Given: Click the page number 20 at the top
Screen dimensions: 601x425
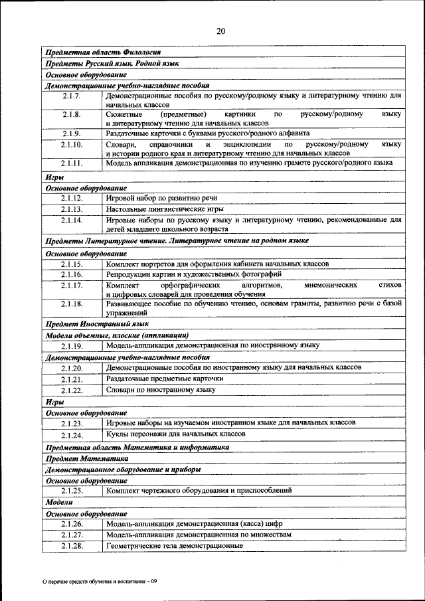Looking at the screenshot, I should (x=220, y=31).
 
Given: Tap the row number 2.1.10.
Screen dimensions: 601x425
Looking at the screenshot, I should (x=72, y=144).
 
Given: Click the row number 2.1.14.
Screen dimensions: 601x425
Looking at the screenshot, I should (x=72, y=219).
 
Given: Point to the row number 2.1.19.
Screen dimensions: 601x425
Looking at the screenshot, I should (x=72, y=346).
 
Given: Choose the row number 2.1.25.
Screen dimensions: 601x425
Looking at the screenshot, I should (x=72, y=491).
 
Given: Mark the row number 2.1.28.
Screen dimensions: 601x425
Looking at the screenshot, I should (x=72, y=546).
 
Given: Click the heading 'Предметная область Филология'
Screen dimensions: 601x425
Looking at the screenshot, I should (x=102, y=52).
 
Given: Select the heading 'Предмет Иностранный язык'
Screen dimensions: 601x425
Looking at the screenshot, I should (x=96, y=324).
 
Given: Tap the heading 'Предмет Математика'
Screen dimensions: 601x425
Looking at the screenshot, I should (x=86, y=458).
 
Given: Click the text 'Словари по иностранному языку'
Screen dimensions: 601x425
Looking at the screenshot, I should (x=161, y=390).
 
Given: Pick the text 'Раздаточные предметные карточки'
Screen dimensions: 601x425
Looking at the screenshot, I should (x=165, y=379).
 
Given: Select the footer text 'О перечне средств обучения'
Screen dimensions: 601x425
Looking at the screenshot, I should (x=100, y=582).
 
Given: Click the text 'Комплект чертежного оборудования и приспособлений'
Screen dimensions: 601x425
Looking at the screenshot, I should (x=199, y=491).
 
